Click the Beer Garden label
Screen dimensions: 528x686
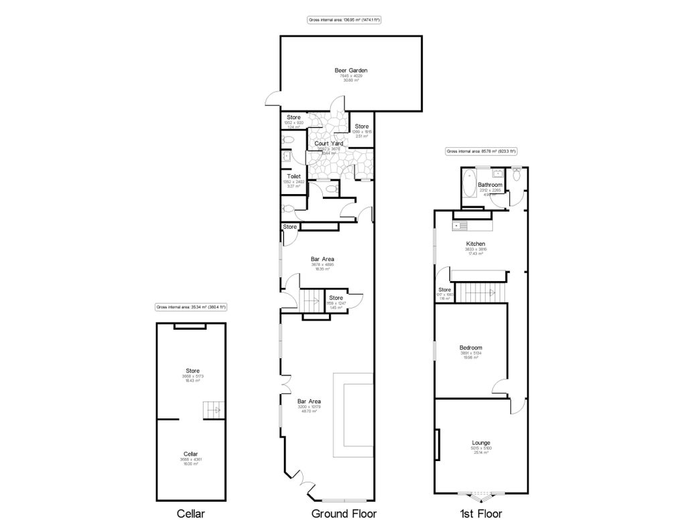(351, 70)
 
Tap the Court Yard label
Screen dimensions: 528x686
(328, 143)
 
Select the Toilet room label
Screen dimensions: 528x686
(293, 177)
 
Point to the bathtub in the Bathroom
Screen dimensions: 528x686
(468, 185)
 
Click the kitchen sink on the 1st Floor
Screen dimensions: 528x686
(458, 226)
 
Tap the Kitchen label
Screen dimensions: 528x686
(476, 244)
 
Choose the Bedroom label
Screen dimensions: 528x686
(470, 347)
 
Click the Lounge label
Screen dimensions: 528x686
(480, 442)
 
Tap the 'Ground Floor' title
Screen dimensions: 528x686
(344, 514)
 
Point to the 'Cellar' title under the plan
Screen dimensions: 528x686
(190, 514)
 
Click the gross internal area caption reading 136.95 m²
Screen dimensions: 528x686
(344, 20)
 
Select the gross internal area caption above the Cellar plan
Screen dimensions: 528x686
(191, 307)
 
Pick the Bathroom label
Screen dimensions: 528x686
(490, 185)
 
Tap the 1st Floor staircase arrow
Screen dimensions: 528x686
(491, 292)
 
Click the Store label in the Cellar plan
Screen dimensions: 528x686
(193, 370)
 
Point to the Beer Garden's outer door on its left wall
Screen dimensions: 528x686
(271, 100)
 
